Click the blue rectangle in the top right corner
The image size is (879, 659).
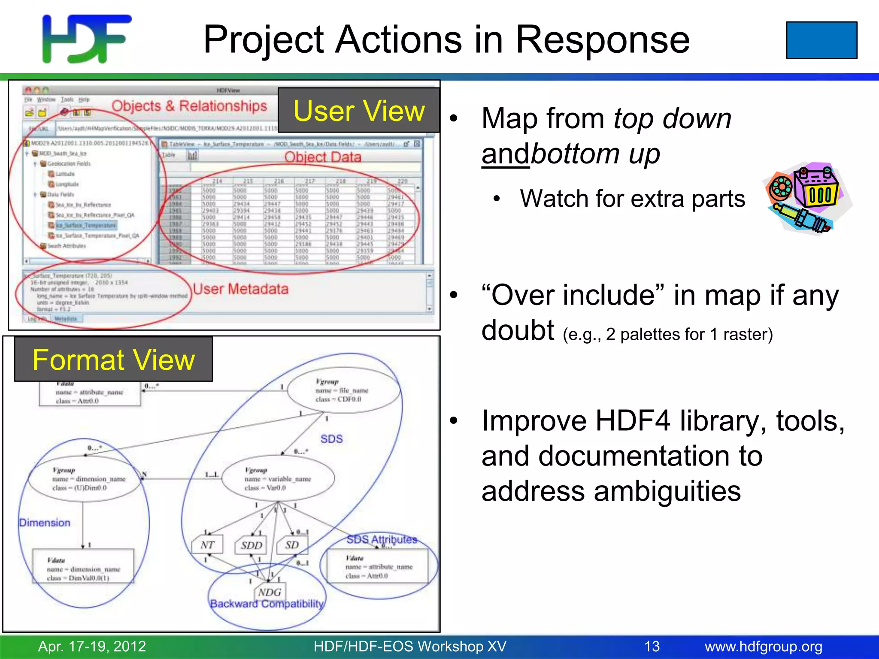[821, 40]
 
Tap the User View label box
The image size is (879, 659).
[359, 111]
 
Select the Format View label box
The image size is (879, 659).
[114, 360]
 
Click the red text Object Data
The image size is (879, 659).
[323, 157]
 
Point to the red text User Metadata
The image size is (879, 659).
[241, 289]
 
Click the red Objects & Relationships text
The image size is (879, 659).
[189, 106]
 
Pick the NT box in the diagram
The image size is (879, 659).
[207, 545]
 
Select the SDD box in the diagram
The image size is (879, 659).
[251, 545]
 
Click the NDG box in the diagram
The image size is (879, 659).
[270, 592]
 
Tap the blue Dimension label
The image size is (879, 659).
[45, 523]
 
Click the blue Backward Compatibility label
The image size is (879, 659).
[267, 604]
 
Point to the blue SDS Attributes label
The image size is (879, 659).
[382, 539]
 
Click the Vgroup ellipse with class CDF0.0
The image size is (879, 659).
[343, 390]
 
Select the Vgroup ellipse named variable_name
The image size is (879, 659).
[278, 478]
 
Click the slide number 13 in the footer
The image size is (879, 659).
[652, 646]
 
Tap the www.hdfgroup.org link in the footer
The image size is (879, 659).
[763, 646]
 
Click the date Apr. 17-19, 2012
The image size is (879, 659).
[92, 646]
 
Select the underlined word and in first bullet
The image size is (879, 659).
[506, 154]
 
